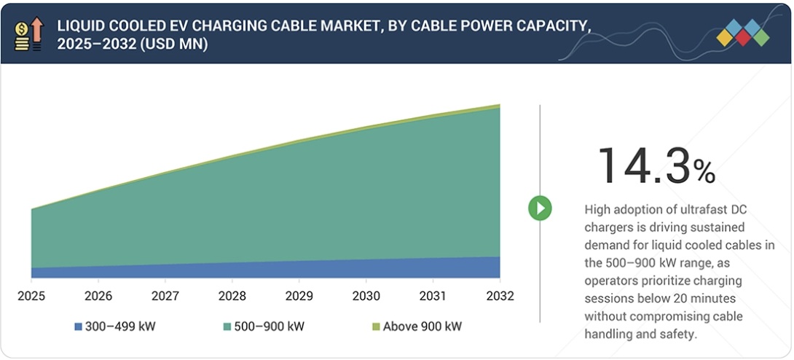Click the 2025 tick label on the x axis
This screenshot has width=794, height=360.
pyautogui.click(x=31, y=296)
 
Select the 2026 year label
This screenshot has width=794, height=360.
pyautogui.click(x=98, y=296)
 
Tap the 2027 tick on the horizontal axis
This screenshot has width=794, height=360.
pyautogui.click(x=165, y=296)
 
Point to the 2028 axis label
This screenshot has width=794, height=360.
pyautogui.click(x=232, y=296)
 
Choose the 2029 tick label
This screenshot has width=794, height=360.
pyautogui.click(x=299, y=296)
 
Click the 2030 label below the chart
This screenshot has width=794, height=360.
pyautogui.click(x=366, y=296)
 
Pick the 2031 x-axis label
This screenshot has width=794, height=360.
pyautogui.click(x=433, y=296)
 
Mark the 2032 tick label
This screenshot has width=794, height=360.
pyautogui.click(x=500, y=296)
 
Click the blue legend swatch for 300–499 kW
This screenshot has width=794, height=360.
pyautogui.click(x=78, y=326)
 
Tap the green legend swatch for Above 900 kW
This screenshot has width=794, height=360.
pyautogui.click(x=376, y=326)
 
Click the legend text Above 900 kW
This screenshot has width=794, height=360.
pyautogui.click(x=422, y=326)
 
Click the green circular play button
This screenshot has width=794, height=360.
pyautogui.click(x=540, y=208)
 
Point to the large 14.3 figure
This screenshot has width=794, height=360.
pyautogui.click(x=642, y=165)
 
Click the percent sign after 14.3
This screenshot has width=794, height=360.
pyautogui.click(x=704, y=172)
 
